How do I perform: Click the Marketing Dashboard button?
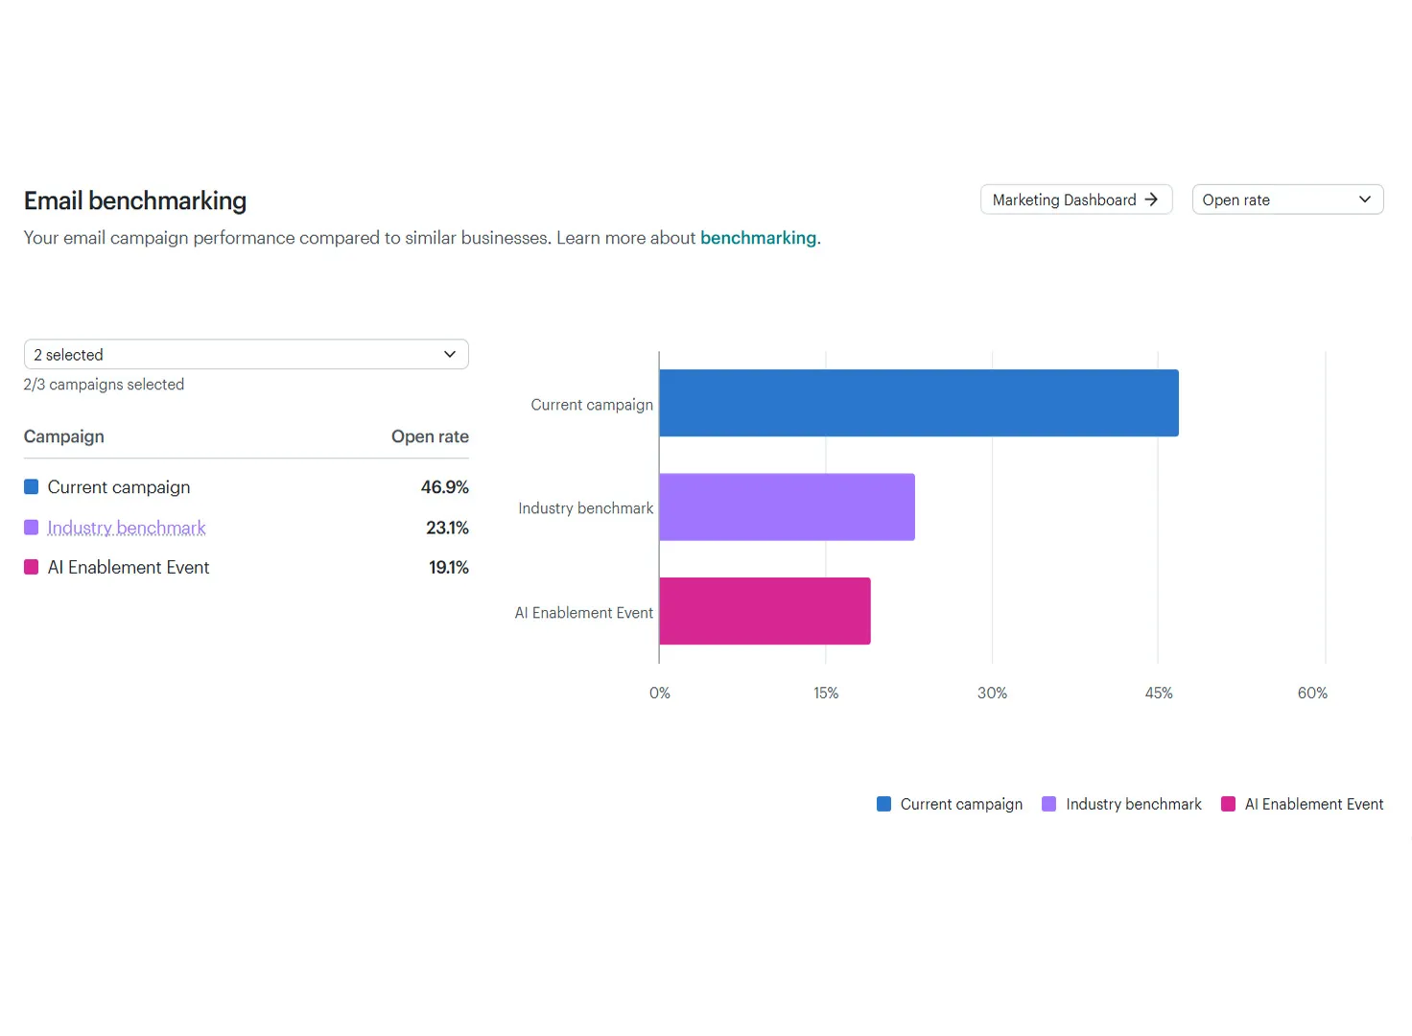point(1076,200)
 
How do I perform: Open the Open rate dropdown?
point(1287,200)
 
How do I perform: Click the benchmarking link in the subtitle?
point(758,238)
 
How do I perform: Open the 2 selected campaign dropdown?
point(246,354)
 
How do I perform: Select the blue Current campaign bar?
point(918,403)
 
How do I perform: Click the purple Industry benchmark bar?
point(787,506)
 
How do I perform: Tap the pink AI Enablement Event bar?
point(765,611)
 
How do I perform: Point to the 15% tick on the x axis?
point(826,693)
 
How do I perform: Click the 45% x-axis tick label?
point(1159,693)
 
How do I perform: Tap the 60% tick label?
point(1312,693)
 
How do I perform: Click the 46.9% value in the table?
point(444,486)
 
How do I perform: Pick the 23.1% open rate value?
point(447,528)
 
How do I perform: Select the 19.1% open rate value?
point(449,568)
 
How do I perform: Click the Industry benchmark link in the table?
point(126,528)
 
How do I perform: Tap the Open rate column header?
point(430,436)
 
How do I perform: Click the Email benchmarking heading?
point(135,200)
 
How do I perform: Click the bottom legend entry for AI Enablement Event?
point(1303,804)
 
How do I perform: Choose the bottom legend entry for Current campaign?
point(950,804)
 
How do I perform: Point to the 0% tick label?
point(659,693)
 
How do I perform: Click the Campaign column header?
point(63,436)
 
